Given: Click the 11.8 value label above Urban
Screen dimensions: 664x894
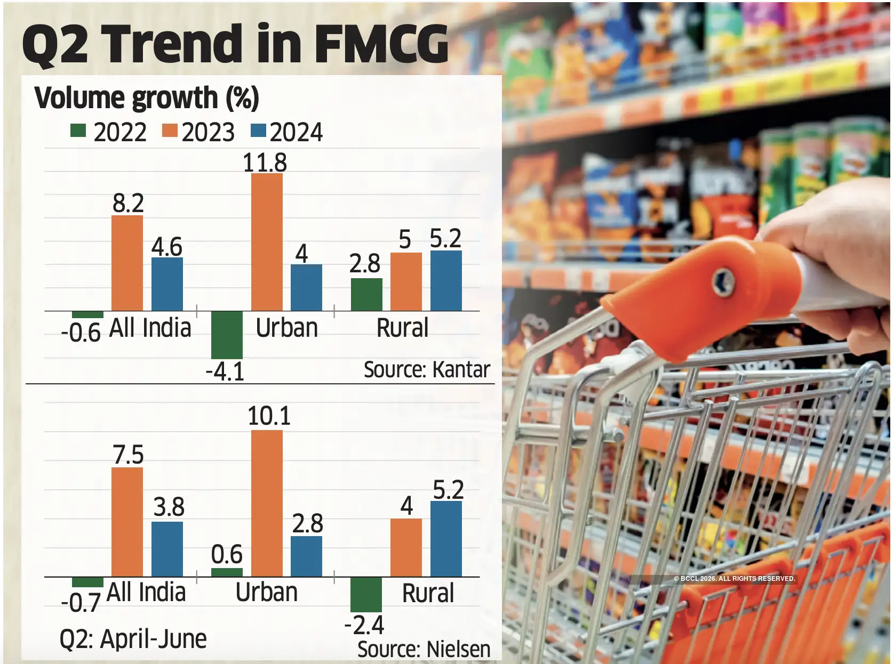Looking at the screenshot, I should (x=265, y=163).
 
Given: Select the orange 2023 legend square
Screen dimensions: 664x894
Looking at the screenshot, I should (x=170, y=131).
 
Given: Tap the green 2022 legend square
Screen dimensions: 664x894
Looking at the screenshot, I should (x=78, y=131).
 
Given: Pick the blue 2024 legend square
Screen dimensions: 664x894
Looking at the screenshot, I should (x=258, y=131).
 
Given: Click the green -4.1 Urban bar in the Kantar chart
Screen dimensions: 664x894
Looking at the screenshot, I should (x=227, y=335).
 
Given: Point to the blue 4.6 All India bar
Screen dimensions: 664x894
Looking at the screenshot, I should (x=167, y=284).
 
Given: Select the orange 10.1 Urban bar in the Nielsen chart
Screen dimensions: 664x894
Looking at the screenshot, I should (x=267, y=503).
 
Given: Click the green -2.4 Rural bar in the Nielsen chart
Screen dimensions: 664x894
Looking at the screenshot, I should (x=366, y=594).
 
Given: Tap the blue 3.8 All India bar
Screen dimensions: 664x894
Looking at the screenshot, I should (x=167, y=549).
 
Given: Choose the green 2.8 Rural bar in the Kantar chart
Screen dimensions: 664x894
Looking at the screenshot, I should (x=366, y=294).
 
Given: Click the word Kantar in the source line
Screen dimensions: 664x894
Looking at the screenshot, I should (x=461, y=369).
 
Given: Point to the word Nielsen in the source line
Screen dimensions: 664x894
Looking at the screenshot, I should (x=458, y=649).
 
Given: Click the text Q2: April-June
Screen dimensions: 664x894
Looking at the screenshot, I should (x=133, y=638).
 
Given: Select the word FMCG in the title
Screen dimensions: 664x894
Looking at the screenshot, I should (x=381, y=44).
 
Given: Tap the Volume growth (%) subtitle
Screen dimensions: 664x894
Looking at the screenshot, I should (x=147, y=98).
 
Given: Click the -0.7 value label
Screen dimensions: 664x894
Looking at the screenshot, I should (x=81, y=603).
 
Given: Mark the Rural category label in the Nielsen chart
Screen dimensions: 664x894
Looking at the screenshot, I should (x=428, y=593).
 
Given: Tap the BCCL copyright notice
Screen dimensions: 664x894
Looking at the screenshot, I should (x=734, y=578).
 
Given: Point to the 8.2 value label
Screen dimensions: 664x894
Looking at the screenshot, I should (x=128, y=203).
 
